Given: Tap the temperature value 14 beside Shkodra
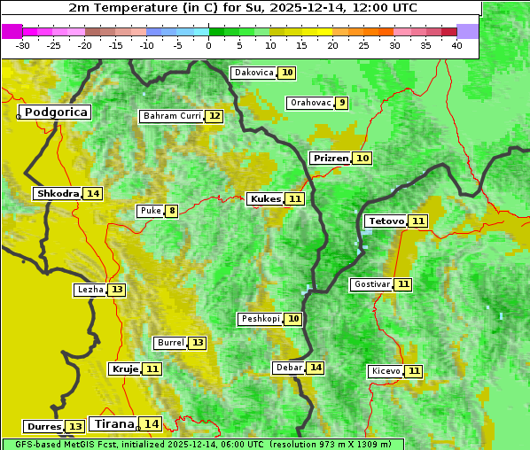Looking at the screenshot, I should pyautogui.click(x=93, y=193).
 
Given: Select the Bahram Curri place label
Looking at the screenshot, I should pyautogui.click(x=172, y=116).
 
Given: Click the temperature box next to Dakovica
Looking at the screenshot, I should pyautogui.click(x=287, y=73).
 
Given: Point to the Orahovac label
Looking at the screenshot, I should pyautogui.click(x=310, y=103).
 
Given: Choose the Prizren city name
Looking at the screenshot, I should pyautogui.click(x=330, y=158).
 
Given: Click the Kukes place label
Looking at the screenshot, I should pyautogui.click(x=265, y=199).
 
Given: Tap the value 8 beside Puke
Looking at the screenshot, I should pyautogui.click(x=171, y=211).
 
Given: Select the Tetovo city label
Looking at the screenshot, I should pyautogui.click(x=386, y=221).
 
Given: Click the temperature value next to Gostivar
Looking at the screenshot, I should pyautogui.click(x=403, y=284).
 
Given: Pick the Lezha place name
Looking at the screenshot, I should pyautogui.click(x=90, y=290).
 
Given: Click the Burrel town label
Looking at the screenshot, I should pyautogui.click(x=170, y=343).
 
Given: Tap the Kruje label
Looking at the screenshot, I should pyautogui.click(x=124, y=369).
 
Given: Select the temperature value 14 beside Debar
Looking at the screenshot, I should pyautogui.click(x=316, y=368).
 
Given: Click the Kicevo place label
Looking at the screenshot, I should pyautogui.click(x=386, y=371).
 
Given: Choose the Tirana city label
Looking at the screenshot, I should pyautogui.click(x=113, y=423).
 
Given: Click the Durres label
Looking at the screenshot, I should pyautogui.click(x=43, y=427).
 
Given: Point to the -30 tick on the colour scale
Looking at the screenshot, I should pyautogui.click(x=23, y=45).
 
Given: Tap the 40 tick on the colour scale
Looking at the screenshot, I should pyautogui.click(x=456, y=45).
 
